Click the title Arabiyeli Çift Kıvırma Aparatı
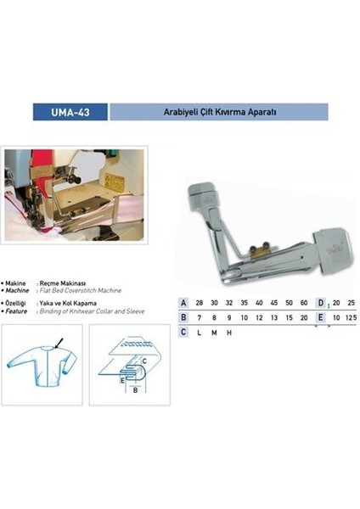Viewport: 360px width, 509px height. (x=219, y=112)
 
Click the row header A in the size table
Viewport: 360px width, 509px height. (x=184, y=303)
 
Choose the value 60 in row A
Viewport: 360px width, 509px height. (x=302, y=303)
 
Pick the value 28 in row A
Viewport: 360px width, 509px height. (x=200, y=303)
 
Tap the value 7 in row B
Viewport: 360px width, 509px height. (x=200, y=317)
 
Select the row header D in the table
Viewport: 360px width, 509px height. (x=320, y=303)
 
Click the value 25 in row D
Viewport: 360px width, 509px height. (x=351, y=303)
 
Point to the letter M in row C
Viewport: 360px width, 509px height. (x=214, y=332)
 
